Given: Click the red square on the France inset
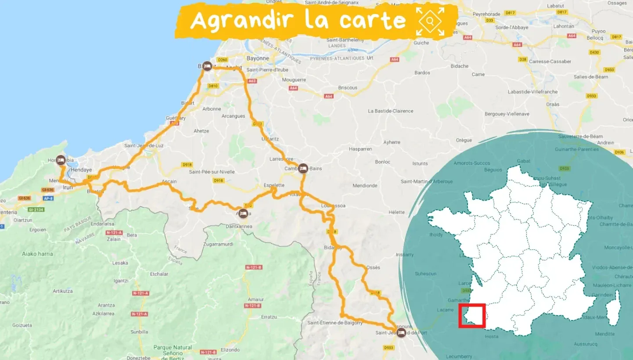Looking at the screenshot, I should (x=471, y=316).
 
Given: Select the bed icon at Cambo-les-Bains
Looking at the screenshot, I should (x=303, y=168).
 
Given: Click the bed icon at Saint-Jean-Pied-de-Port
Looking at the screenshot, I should (x=401, y=332).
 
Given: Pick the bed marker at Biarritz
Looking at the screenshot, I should (x=207, y=66).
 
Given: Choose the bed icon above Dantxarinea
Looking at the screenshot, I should (x=243, y=213).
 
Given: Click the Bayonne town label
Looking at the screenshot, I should (x=257, y=58).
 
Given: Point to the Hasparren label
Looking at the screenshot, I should (x=360, y=149).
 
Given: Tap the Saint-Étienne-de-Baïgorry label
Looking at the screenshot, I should (x=335, y=323).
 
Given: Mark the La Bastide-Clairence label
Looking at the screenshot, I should (x=390, y=111).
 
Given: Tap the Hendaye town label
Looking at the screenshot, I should (x=81, y=170).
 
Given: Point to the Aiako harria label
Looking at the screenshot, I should (x=37, y=254).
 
